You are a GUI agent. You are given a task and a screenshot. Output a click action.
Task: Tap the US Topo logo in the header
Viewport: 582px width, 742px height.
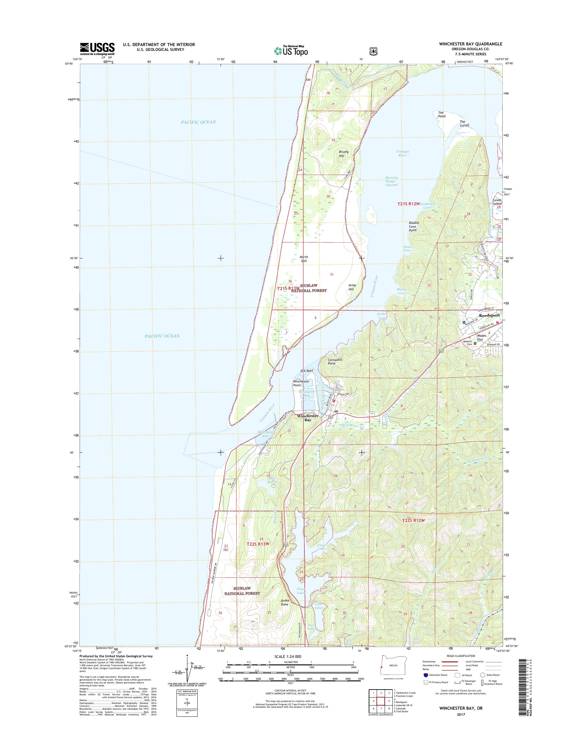pos(291,51)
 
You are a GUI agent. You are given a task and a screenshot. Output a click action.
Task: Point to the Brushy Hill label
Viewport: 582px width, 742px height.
pos(343,154)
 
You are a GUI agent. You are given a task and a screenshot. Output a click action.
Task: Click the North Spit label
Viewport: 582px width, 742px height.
pos(303,259)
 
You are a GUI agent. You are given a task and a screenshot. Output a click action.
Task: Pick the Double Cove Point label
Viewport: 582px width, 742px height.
pos(414,226)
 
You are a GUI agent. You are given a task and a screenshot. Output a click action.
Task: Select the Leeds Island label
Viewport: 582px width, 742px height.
pos(497,202)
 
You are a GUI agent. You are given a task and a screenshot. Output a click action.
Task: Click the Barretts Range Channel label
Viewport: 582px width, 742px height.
pos(391,181)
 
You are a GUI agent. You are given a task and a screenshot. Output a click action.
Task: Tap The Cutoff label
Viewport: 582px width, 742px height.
pos(464,123)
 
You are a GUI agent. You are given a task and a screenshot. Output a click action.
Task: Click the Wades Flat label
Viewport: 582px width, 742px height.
pos(482,337)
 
